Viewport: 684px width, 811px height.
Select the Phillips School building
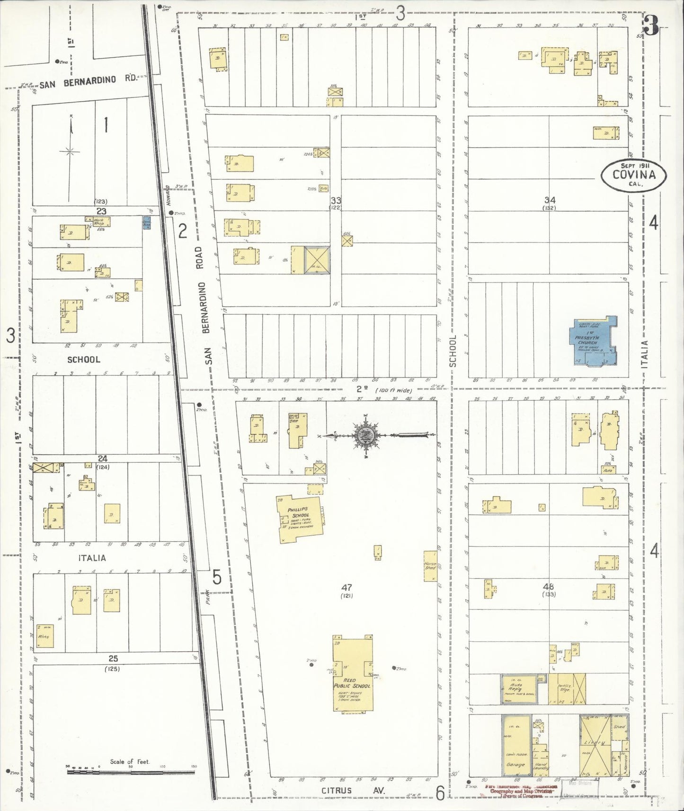[x=300, y=519]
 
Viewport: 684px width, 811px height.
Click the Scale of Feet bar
[x=130, y=772]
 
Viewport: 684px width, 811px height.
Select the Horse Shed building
[x=430, y=566]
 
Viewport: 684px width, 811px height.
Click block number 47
[x=346, y=587]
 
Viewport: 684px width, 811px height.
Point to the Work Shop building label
[x=98, y=221]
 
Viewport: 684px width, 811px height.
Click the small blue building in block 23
[x=147, y=223]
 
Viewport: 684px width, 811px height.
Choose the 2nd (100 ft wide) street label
[x=383, y=390]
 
